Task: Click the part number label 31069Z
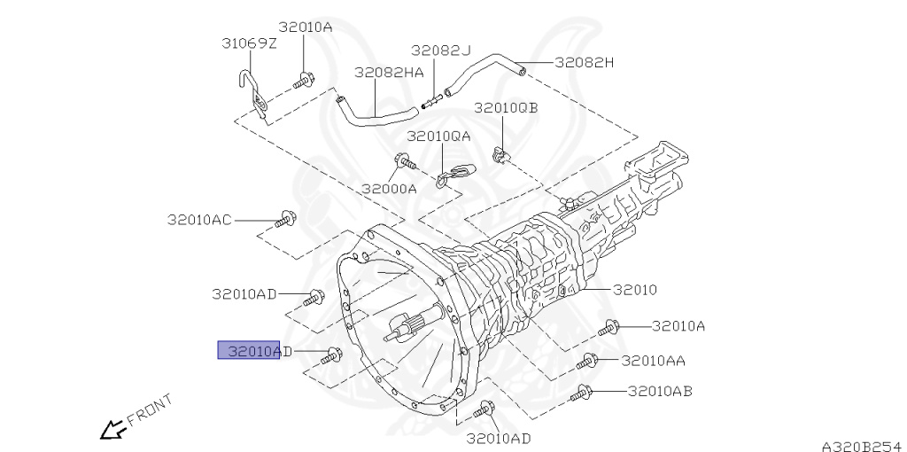click(249, 43)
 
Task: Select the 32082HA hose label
click(389, 72)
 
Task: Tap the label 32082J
click(441, 51)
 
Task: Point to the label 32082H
click(584, 62)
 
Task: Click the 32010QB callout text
click(506, 108)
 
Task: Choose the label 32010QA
click(438, 136)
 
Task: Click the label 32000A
click(390, 189)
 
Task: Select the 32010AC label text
click(199, 220)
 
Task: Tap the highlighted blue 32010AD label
click(249, 350)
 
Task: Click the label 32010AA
click(653, 361)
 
